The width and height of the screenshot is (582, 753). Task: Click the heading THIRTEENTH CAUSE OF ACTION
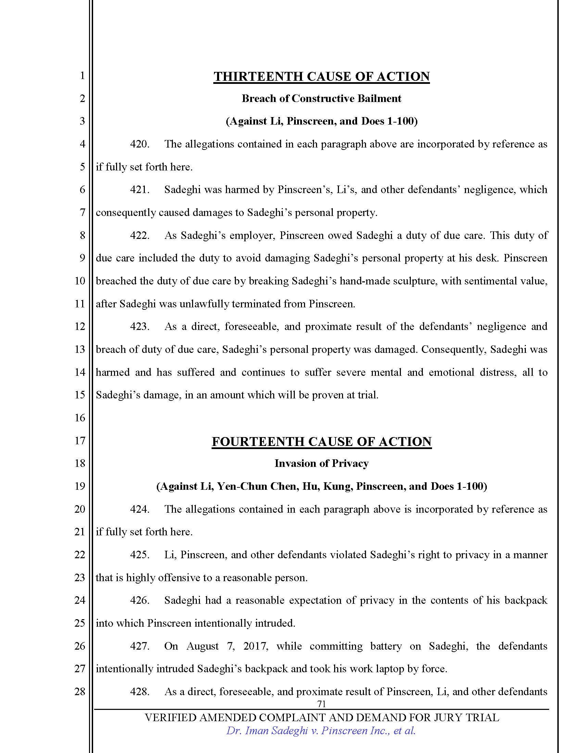coord(321,77)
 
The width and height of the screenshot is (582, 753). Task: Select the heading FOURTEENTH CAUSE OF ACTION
coord(321,442)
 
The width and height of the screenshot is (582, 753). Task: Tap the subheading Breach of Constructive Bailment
coord(321,99)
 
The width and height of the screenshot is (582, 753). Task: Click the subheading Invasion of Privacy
coord(321,463)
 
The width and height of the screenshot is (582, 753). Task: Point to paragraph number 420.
coord(139,144)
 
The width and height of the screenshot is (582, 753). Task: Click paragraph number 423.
coord(139,327)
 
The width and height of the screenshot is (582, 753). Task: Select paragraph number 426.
coord(139,600)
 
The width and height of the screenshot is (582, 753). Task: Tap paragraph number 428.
coord(139,692)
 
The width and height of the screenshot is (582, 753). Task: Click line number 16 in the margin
coord(80,418)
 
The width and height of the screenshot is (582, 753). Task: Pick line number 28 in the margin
coord(80,692)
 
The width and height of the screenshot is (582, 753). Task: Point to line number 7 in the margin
coord(82,213)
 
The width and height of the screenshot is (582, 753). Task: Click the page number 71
coord(321,704)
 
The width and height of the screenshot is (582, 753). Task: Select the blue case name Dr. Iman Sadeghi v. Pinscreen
coord(321,731)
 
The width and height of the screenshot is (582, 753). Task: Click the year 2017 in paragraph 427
coord(255,646)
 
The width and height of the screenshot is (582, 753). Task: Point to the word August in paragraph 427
coord(202,646)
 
